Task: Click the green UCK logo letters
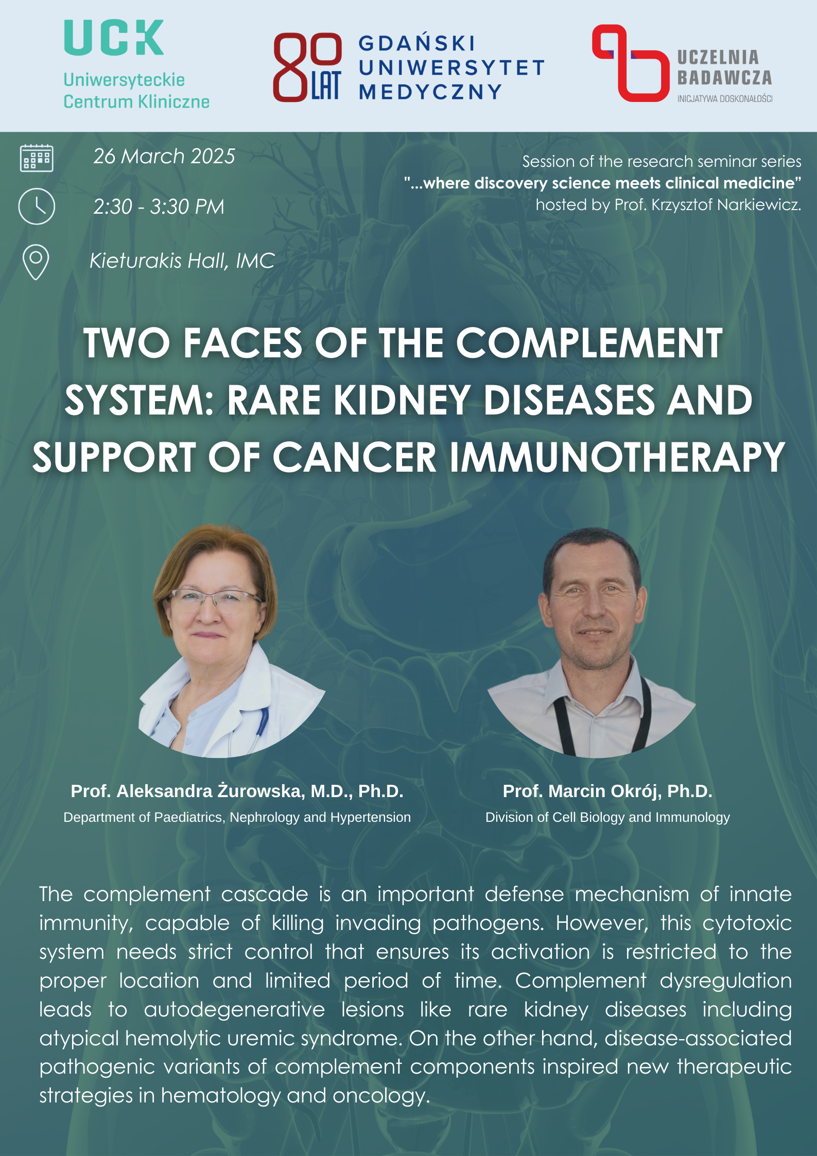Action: point(114,38)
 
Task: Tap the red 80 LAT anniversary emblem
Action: point(307,67)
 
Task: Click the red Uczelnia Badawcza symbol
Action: point(630,63)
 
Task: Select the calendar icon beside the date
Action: point(37,158)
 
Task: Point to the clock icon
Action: point(37,206)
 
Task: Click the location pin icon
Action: point(36,262)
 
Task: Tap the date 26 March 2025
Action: point(164,156)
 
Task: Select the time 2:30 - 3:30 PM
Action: point(159,206)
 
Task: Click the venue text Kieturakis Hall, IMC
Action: point(182,261)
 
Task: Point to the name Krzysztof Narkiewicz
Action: point(726,205)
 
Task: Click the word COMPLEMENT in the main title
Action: point(589,343)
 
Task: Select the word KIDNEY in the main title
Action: point(402,400)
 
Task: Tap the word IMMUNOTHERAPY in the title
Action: point(617,457)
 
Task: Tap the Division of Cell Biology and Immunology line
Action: point(607,817)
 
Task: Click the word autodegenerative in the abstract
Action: point(234,1009)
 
